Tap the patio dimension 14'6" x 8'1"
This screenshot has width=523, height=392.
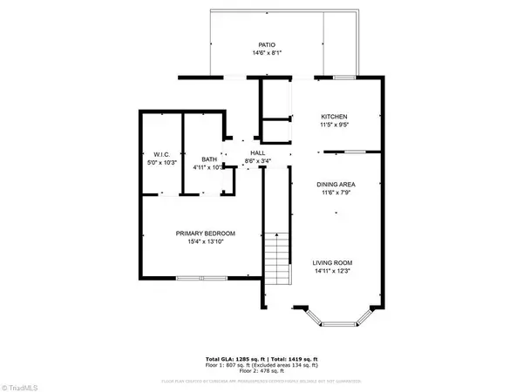coord(267,54)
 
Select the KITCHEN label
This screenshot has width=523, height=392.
coord(335,117)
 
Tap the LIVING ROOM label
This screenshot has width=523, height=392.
coord(335,262)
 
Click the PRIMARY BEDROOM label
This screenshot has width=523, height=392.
coord(204,233)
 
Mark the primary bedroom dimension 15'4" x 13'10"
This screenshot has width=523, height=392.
coord(204,243)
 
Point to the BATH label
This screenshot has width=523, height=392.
coord(209,159)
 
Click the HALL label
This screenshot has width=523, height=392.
coord(258,153)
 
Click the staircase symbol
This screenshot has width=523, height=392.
coord(277,253)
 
